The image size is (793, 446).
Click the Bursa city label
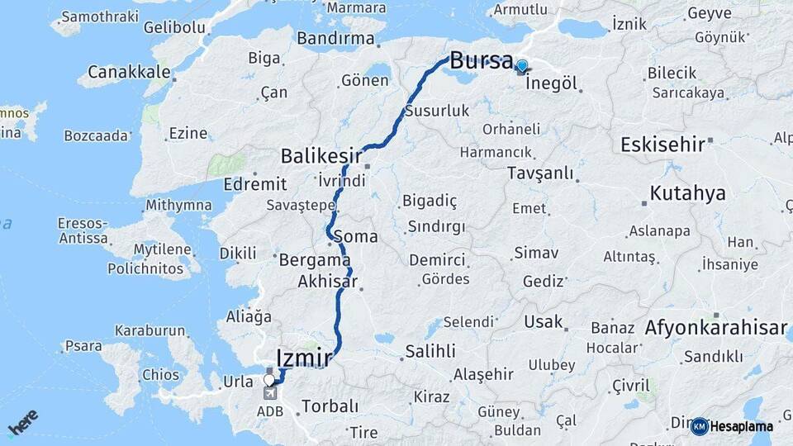482,60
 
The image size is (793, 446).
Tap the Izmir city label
304,358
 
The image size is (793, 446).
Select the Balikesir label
321,156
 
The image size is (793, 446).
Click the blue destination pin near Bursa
521,66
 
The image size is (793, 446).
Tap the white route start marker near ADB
269,380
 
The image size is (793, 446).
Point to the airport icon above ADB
270,393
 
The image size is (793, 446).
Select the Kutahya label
687,194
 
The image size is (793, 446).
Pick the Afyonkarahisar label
715,328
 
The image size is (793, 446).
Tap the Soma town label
355,237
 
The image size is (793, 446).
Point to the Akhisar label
328,282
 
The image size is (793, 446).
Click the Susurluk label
437,111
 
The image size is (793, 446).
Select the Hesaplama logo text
742,427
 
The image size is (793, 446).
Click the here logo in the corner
22,422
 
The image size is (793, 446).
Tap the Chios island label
160,375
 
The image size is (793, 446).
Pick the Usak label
544,322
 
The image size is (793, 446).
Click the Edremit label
255,184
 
